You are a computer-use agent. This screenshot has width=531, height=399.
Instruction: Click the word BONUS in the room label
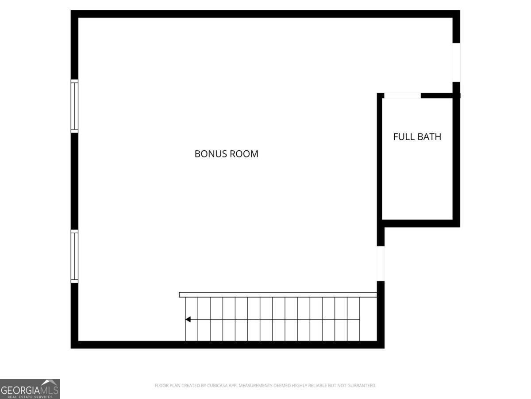click(211, 154)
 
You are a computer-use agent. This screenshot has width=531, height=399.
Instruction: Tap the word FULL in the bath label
click(402, 137)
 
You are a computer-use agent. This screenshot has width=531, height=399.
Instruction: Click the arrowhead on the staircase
click(188, 320)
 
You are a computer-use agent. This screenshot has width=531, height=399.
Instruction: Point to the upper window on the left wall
click(74, 106)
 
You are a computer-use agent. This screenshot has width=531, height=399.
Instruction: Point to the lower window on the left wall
click(74, 256)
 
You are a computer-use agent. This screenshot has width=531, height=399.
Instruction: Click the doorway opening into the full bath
click(403, 95)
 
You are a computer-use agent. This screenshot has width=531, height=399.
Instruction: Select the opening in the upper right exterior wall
click(456, 63)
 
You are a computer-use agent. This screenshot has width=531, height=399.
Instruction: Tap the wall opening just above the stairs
click(381, 264)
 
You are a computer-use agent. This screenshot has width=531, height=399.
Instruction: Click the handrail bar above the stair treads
click(278, 294)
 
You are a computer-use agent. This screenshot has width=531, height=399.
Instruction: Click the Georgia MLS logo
click(30, 389)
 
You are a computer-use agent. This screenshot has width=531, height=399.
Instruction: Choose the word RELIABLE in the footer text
click(319, 385)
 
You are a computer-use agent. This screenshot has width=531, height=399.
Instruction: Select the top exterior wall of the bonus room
click(265, 14)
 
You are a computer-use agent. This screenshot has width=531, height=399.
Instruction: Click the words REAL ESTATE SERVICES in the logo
click(30, 397)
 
